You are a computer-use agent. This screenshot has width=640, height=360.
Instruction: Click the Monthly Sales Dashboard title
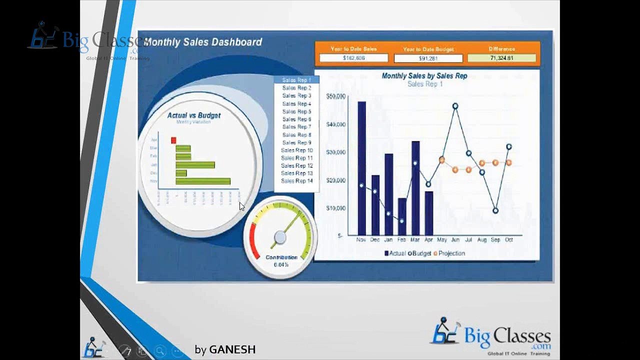tap(202, 42)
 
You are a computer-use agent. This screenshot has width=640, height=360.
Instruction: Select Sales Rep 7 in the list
tap(296, 127)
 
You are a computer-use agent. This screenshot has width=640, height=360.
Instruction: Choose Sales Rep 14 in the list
tap(296, 181)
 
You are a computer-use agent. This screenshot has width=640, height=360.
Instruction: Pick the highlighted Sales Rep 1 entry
tap(296, 80)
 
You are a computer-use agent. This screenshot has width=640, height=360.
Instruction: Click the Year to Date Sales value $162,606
tap(353, 58)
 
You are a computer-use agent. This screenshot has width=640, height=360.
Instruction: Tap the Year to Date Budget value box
tap(428, 58)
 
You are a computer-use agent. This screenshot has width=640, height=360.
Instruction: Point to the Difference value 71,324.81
tap(501, 58)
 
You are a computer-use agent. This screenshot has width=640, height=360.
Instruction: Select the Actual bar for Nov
tap(361, 168)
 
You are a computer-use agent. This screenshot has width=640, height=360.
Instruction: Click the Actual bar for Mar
tap(415, 188)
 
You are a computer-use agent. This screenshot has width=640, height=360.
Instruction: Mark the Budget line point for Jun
tap(455, 106)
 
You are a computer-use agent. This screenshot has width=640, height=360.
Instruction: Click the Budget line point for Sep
tap(495, 211)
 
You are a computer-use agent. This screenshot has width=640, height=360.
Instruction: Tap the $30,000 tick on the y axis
tap(335, 152)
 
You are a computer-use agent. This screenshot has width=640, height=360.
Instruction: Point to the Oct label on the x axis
tap(509, 240)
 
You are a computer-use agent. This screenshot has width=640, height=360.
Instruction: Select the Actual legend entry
tap(395, 253)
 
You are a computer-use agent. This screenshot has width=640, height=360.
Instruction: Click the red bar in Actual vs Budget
tap(173, 140)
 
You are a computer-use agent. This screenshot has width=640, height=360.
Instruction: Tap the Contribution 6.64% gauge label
tap(281, 260)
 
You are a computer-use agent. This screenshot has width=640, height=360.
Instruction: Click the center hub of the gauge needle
tap(280, 237)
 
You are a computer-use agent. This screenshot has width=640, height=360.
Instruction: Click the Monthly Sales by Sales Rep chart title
tap(424, 76)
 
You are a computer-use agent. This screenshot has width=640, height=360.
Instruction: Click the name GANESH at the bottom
tap(232, 349)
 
